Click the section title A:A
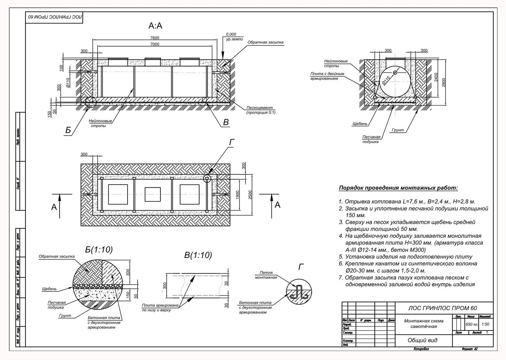(155, 26)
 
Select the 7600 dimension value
(155, 38)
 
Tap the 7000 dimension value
(155, 44)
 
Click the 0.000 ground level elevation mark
(231, 34)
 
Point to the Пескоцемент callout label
(259, 108)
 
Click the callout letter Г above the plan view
(232, 142)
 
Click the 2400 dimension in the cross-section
(436, 77)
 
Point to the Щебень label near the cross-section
(360, 124)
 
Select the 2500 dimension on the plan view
(250, 195)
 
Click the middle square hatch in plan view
(153, 194)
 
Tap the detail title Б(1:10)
(99, 250)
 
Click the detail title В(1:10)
(198, 255)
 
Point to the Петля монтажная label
(266, 275)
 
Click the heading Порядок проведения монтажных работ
(398, 188)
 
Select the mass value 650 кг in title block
(471, 324)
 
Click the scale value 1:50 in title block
(485, 324)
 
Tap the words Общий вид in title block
(422, 340)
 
